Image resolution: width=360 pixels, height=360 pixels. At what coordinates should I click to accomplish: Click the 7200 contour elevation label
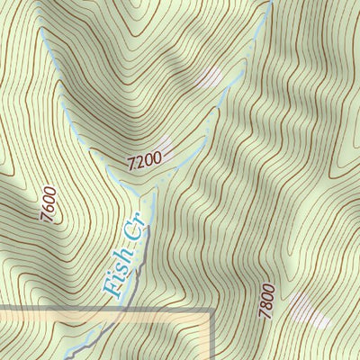(x=145, y=163)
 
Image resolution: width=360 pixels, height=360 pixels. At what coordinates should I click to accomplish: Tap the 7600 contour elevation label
(x=49, y=204)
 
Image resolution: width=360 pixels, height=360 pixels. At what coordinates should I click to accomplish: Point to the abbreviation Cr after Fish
(x=136, y=234)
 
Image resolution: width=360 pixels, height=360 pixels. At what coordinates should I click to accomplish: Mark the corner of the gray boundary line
(x=211, y=311)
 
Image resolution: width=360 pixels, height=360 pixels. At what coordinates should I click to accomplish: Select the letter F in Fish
(x=112, y=289)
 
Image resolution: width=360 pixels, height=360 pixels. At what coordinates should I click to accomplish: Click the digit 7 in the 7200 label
(x=132, y=166)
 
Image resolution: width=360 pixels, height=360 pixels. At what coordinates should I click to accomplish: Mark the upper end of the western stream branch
(x=41, y=27)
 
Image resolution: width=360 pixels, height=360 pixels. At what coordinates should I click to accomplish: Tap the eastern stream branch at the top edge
(x=269, y=4)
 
